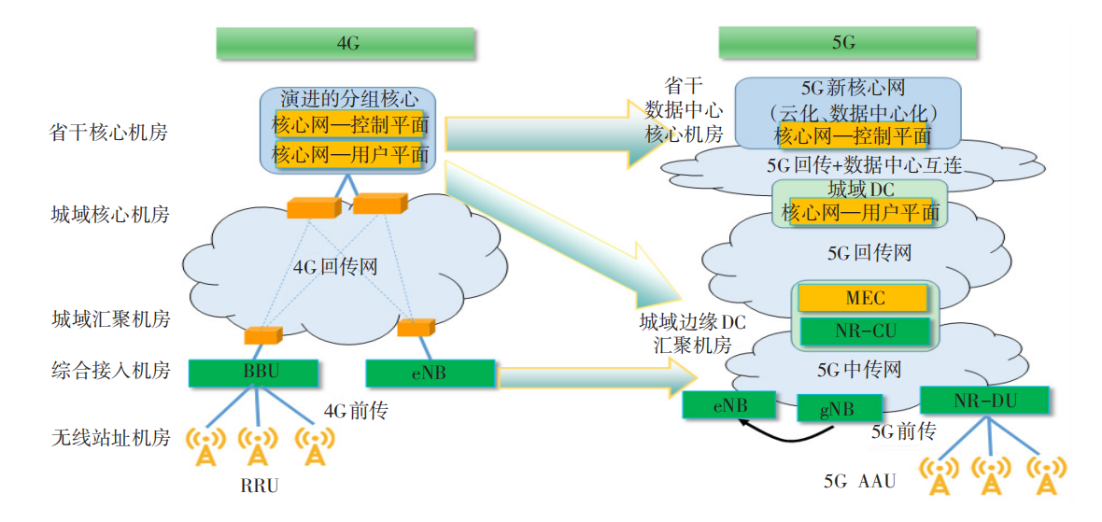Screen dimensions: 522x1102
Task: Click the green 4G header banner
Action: coord(347,43)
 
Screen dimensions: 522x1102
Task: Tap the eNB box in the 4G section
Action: coord(429,373)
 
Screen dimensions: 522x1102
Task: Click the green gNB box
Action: coord(839,408)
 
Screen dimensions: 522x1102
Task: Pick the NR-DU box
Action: coord(984,400)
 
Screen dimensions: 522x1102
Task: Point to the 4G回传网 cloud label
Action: coord(335,267)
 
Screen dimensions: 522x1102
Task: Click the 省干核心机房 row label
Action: coord(109,133)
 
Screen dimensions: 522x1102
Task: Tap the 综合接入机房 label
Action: coord(109,372)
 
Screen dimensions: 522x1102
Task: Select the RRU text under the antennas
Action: coord(259,486)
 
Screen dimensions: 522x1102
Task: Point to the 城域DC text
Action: coord(859,190)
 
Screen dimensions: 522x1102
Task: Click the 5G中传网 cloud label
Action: coord(859,370)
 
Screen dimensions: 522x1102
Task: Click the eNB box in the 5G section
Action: coord(729,405)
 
